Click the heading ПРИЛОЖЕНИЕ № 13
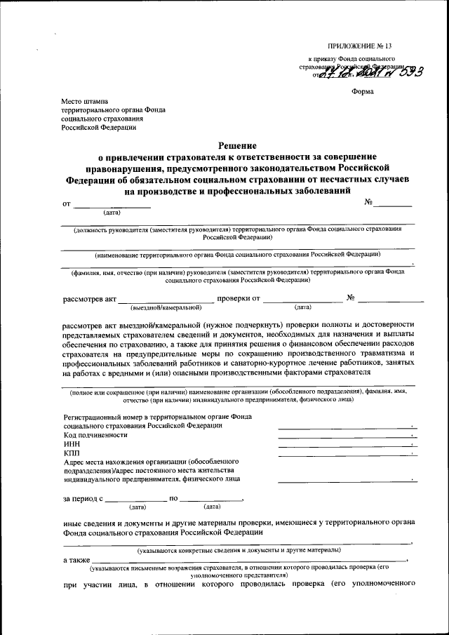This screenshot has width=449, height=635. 359,46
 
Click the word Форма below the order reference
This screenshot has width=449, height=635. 363,92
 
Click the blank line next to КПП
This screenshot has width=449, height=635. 346,455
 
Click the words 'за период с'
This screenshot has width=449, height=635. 83,499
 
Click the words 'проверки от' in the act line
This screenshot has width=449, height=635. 239,298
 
